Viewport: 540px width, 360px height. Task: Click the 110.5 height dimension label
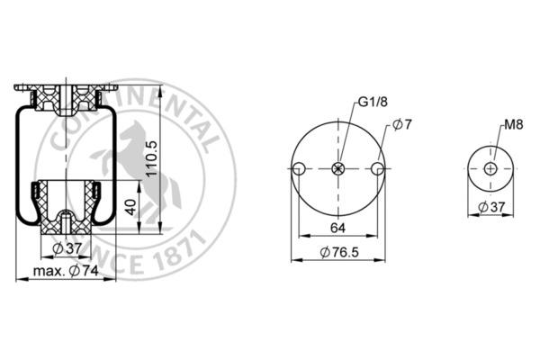point(151,158)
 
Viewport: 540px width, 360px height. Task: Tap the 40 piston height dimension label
point(131,207)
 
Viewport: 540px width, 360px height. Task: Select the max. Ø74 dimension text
point(66,271)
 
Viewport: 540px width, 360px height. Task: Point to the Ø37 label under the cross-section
point(67,248)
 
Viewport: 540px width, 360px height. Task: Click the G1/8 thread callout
point(373,102)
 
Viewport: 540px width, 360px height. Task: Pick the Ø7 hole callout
point(402,124)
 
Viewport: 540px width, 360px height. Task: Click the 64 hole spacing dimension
point(337,228)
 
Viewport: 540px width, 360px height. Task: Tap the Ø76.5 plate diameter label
point(339,253)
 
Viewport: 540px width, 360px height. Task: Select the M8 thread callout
point(514,125)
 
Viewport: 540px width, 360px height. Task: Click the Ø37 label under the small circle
point(491,207)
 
